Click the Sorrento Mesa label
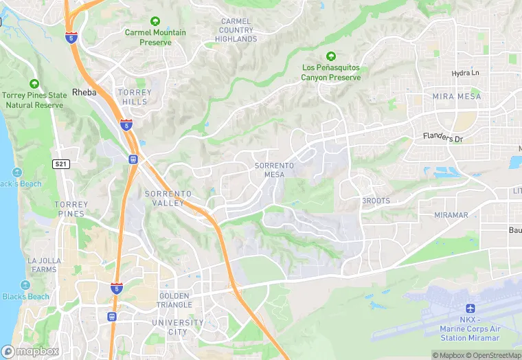(274, 170)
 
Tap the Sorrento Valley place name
(164, 199)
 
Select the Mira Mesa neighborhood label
(457, 97)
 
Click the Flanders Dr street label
(443, 137)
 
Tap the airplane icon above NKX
(470, 308)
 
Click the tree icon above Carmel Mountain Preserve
(155, 22)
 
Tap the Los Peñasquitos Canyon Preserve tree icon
(330, 56)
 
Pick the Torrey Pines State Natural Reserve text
(34, 100)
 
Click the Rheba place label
(84, 92)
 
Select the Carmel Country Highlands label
(236, 30)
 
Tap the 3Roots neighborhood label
(376, 201)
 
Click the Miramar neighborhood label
(451, 215)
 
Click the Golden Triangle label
(174, 300)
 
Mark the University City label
(178, 327)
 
